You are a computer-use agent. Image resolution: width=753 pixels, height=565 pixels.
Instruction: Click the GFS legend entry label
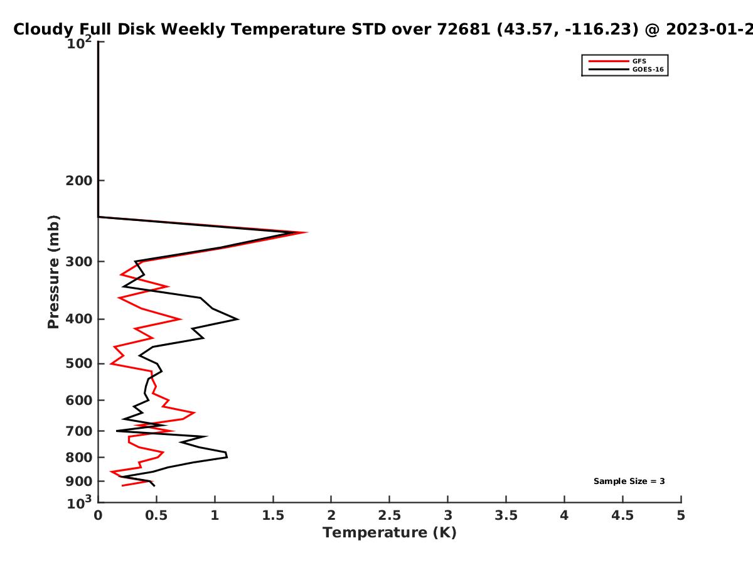click(x=639, y=62)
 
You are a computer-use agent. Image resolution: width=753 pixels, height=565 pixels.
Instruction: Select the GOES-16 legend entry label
click(x=648, y=70)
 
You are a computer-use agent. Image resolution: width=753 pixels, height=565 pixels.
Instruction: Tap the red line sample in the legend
click(x=609, y=62)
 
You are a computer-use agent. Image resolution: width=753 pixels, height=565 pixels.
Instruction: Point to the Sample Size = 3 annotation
click(x=629, y=482)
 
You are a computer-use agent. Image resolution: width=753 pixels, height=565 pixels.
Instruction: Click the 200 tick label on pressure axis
click(x=79, y=180)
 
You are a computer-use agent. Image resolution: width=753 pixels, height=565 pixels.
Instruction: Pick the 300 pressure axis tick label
click(x=79, y=262)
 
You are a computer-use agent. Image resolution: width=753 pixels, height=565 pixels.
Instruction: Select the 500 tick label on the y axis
click(x=79, y=363)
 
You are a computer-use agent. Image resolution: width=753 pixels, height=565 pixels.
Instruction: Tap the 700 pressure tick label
click(x=79, y=431)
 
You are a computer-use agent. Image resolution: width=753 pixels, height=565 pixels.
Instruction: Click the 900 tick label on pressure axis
click(x=79, y=482)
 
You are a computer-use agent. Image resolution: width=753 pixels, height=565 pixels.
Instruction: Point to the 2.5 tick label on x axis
click(x=390, y=515)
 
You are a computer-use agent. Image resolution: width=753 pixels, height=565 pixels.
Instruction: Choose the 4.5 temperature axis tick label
click(x=622, y=515)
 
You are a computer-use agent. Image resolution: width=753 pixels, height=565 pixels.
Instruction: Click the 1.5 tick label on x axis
click(x=273, y=515)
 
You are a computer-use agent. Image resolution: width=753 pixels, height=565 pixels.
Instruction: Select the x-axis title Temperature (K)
click(x=390, y=533)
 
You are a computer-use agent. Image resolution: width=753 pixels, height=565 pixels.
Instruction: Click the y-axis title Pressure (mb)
click(x=53, y=272)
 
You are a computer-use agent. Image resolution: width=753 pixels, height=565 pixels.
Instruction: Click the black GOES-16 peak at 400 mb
click(x=238, y=320)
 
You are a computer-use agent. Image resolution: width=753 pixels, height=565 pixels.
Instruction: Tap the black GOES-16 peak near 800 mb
click(x=227, y=456)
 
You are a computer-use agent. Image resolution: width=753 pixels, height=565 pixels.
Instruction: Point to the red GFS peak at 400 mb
click(x=181, y=319)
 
